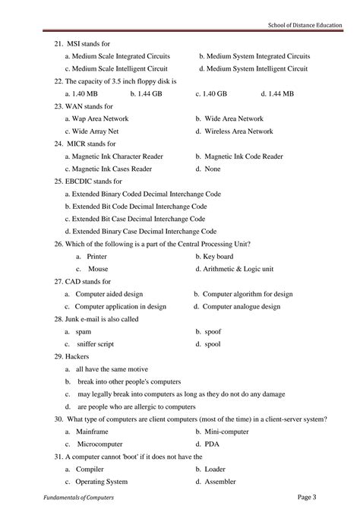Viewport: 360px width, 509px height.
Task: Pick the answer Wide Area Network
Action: [x=234, y=119]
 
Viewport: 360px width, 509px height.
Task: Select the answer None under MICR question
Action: [x=213, y=168]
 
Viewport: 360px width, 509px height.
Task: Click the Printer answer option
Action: [x=97, y=256]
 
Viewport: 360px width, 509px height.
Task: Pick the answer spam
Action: [x=84, y=331]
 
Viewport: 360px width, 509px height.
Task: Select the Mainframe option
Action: [x=94, y=431]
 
